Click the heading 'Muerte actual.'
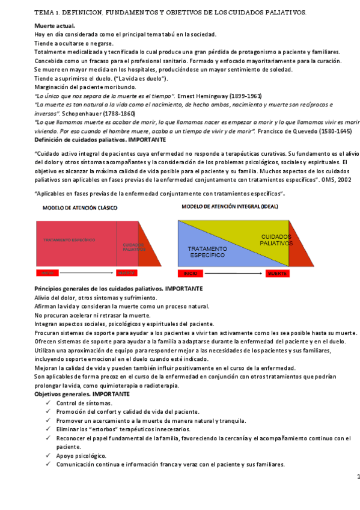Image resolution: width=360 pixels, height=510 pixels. click(x=55, y=26)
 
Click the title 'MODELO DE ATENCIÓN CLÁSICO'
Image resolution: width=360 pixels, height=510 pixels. click(x=79, y=207)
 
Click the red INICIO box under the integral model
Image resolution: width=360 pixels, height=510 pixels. click(x=191, y=274)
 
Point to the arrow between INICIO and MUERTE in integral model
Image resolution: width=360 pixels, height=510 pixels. click(x=234, y=274)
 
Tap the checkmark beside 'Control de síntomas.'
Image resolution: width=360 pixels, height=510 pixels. click(x=47, y=403)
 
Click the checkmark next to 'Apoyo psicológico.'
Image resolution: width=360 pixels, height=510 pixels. click(x=47, y=456)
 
